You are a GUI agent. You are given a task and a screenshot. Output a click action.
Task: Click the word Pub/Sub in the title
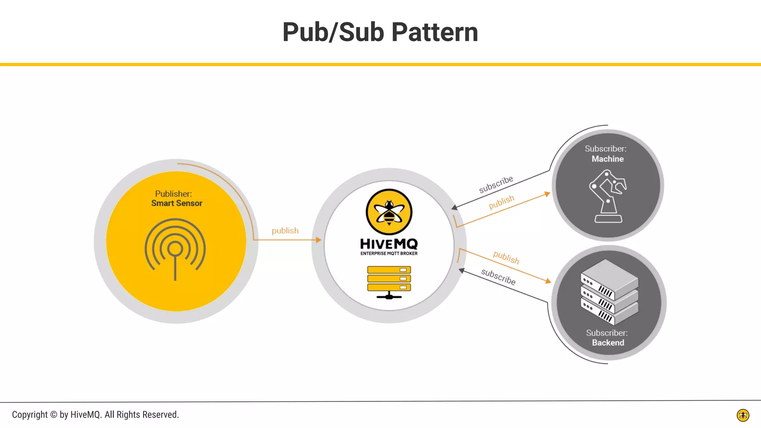pyautogui.click(x=333, y=32)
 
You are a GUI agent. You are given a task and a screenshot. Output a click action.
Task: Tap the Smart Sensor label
pyautogui.click(x=177, y=203)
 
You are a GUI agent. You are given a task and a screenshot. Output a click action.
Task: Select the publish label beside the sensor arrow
pyautogui.click(x=285, y=231)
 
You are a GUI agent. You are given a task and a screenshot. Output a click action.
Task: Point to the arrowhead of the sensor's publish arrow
pyautogui.click(x=319, y=240)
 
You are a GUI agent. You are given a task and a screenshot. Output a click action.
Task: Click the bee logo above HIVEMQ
pyautogui.click(x=389, y=212)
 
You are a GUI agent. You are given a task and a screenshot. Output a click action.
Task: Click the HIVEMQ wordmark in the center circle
pyautogui.click(x=389, y=244)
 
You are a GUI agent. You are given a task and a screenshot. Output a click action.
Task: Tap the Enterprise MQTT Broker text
pyautogui.click(x=389, y=253)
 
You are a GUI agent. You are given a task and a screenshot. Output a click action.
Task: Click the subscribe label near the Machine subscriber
pyautogui.click(x=496, y=184)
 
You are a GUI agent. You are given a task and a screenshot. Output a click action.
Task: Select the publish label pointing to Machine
pyautogui.click(x=501, y=202)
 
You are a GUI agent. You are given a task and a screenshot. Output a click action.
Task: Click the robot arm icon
pyautogui.click(x=608, y=196)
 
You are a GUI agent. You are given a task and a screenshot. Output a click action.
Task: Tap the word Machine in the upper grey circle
pyautogui.click(x=608, y=159)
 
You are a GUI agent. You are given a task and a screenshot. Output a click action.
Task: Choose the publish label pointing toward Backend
pyautogui.click(x=506, y=257)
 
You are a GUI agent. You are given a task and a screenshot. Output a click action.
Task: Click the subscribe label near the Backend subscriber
pyautogui.click(x=498, y=277)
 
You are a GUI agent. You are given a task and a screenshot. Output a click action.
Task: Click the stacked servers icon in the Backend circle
pyautogui.click(x=609, y=292)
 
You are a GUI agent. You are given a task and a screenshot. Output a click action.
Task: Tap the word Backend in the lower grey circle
pyautogui.click(x=608, y=343)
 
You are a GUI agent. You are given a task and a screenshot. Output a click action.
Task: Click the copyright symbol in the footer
pyautogui.click(x=54, y=415)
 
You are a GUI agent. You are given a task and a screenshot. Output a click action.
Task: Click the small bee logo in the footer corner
pyautogui.click(x=743, y=415)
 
